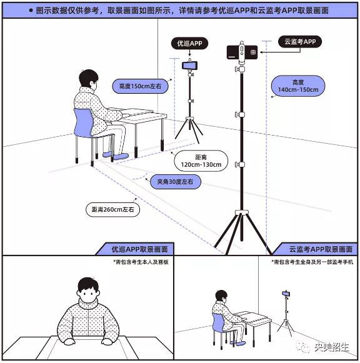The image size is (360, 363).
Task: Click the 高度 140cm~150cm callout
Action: pyautogui.click(x=297, y=86)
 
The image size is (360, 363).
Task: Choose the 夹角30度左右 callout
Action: pyautogui.click(x=175, y=182)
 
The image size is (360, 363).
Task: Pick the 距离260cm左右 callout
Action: pyautogui.click(x=112, y=209)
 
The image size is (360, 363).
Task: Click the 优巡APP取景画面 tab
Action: pyautogui.click(x=132, y=249)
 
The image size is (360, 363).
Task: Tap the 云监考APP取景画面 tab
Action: pyautogui.click(x=316, y=249)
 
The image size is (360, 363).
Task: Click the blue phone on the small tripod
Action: pyautogui.click(x=189, y=64)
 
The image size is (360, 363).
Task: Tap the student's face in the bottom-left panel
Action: pyautogui.click(x=89, y=294)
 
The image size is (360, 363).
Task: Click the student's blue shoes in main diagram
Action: pyautogui.click(x=117, y=154)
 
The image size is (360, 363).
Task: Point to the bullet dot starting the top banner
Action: pyautogui.click(x=30, y=11)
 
